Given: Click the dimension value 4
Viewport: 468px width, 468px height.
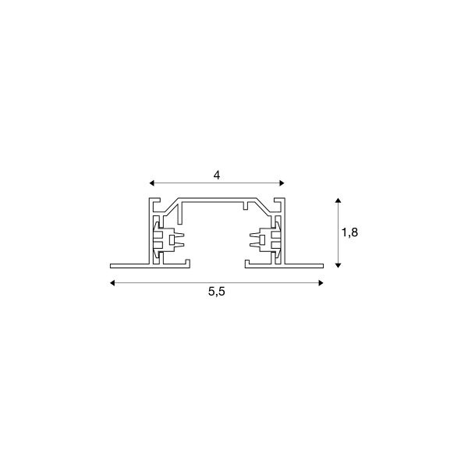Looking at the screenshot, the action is click(x=217, y=175).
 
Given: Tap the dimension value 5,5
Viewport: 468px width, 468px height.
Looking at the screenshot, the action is click(x=217, y=292).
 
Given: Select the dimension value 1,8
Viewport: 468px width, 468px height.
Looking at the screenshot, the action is click(x=349, y=232).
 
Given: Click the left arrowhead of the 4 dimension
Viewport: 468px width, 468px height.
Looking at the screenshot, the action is click(x=151, y=183).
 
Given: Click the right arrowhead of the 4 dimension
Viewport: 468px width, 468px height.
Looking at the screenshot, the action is click(x=282, y=183).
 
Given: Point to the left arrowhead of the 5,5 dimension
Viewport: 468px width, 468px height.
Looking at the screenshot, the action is click(x=112, y=283).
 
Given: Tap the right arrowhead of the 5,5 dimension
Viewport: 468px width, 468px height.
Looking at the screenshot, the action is click(x=321, y=283).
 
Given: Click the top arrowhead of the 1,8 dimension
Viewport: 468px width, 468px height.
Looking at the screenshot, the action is click(x=338, y=200).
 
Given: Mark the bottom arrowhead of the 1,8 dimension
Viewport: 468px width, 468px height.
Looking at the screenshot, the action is click(x=338, y=265).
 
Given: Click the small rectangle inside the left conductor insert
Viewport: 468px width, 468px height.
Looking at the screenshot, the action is click(x=172, y=239).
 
